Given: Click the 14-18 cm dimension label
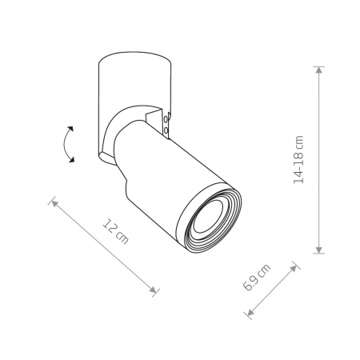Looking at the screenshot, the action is pyautogui.click(x=298, y=159).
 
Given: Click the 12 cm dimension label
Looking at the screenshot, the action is pyautogui.click(x=115, y=231).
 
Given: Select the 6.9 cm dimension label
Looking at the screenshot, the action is pyautogui.click(x=257, y=277).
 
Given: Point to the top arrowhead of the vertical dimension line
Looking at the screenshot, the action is pyautogui.click(x=319, y=70).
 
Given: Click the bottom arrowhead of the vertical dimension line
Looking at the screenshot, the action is pyautogui.click(x=319, y=250).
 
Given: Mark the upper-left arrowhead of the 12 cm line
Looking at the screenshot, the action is pyautogui.click(x=54, y=203).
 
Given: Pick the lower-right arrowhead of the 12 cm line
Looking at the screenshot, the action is pyautogui.click(x=153, y=290).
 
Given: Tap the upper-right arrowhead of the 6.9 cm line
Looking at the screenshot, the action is pyautogui.click(x=294, y=268).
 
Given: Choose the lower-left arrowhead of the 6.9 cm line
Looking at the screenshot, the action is pyautogui.click(x=250, y=312).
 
